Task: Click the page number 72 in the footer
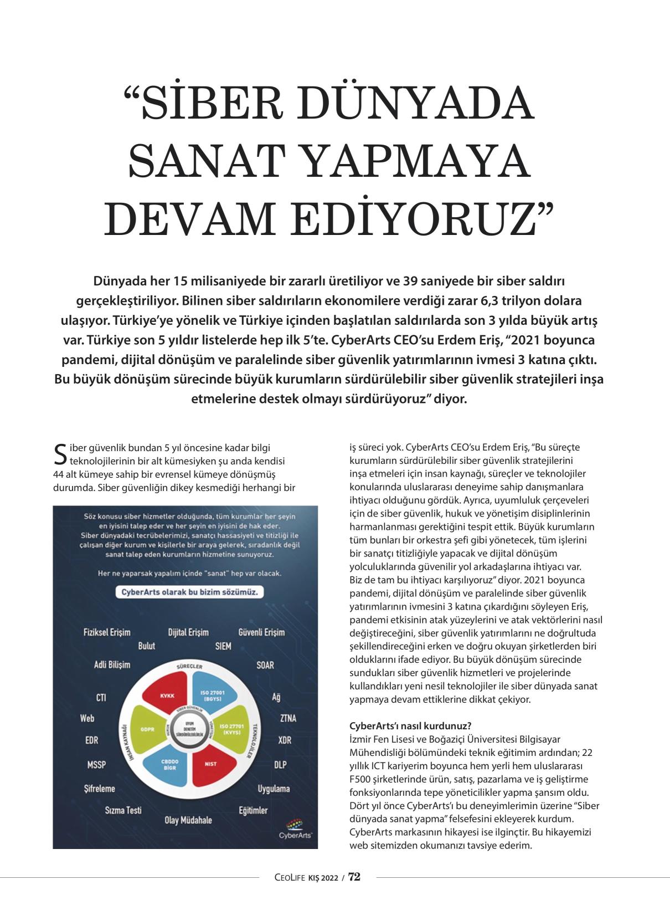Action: (354, 877)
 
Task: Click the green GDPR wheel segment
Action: (147, 729)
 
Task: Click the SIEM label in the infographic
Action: (223, 646)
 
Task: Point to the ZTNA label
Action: (288, 718)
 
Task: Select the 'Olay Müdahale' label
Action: (188, 820)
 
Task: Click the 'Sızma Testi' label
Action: (123, 810)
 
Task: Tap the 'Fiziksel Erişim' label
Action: (107, 632)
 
